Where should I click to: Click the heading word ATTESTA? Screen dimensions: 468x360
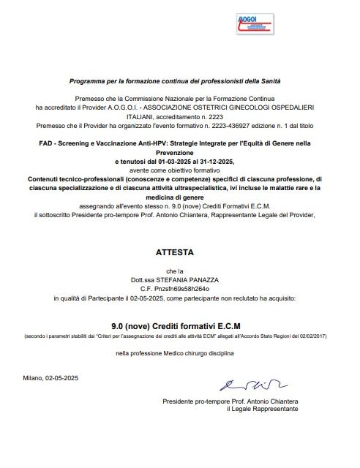(175, 252)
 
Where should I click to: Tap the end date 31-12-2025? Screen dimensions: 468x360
(217, 160)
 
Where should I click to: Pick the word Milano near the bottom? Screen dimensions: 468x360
(33, 378)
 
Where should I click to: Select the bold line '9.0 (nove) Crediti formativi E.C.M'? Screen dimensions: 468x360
(175, 325)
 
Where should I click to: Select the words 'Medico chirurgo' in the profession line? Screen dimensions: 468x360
(182, 353)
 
